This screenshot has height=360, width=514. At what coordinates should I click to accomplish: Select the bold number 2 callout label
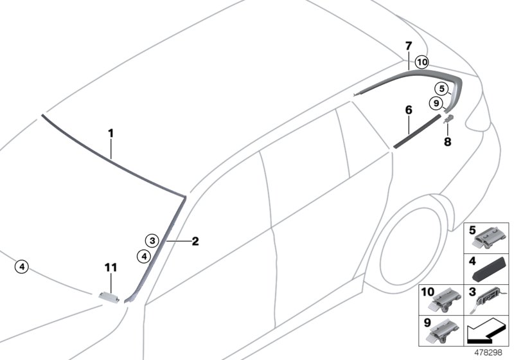pyautogui.click(x=195, y=242)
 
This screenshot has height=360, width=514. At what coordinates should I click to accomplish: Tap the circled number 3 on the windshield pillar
pyautogui.click(x=151, y=241)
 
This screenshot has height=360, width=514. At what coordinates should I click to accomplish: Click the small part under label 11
pyautogui.click(x=111, y=296)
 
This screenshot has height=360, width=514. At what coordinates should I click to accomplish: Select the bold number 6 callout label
pyautogui.click(x=408, y=110)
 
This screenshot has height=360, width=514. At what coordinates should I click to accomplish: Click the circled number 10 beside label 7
pyautogui.click(x=421, y=62)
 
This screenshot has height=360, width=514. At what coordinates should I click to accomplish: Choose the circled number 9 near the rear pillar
pyautogui.click(x=436, y=103)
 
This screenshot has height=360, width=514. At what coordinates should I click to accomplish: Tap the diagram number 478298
pyautogui.click(x=489, y=352)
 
